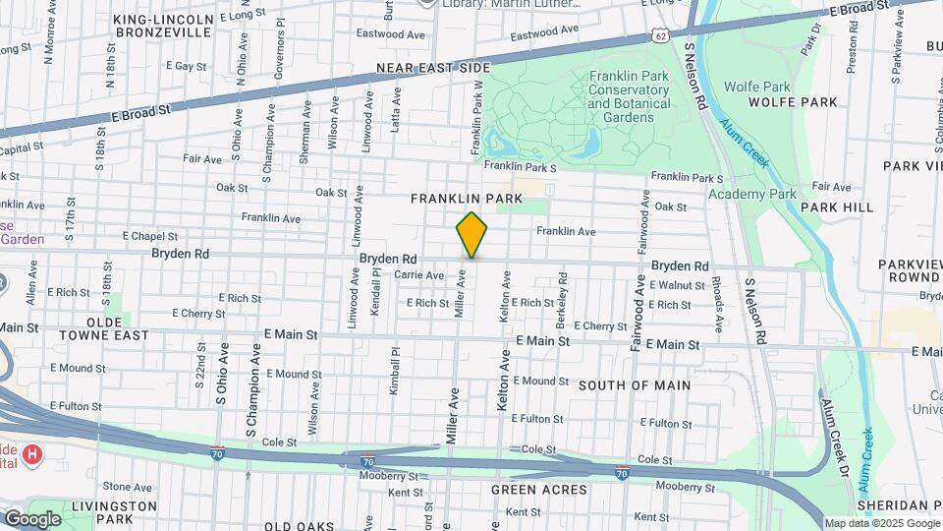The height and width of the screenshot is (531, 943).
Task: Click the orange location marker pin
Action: [471, 235]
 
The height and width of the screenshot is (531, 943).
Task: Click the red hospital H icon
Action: [32, 454]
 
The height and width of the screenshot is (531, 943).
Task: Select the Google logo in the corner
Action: [32, 519]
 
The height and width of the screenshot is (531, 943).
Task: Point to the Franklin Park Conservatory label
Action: [629, 96]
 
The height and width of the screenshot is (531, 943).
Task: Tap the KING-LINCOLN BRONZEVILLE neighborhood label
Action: [163, 26]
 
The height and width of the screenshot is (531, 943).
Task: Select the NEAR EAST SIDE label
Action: [432, 69]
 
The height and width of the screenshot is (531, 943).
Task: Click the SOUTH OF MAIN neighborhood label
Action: [634, 385]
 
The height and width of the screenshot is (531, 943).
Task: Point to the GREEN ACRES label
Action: [539, 490]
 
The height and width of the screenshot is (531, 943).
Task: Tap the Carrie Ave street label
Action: [419, 275]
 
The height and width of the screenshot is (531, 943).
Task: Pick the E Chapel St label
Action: [150, 236]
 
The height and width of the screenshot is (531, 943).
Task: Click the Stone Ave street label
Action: [128, 486]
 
